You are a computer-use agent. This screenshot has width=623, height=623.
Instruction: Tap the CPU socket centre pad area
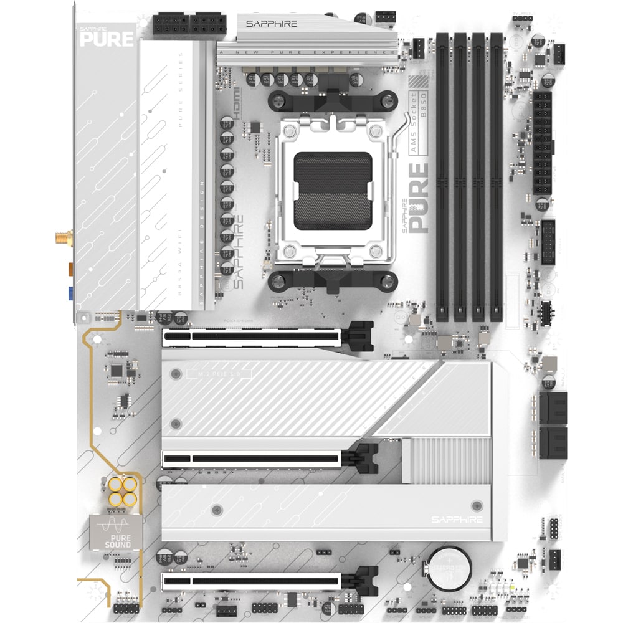[x=333, y=190]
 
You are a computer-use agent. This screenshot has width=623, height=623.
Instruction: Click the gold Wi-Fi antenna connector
[x=62, y=237]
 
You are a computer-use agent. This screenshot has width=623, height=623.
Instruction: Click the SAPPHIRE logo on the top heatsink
[x=271, y=24]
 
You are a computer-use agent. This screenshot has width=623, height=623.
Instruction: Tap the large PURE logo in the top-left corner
[x=107, y=38]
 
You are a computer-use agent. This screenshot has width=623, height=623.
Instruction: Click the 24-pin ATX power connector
[x=543, y=143]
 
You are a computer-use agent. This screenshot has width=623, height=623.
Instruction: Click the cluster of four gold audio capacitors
[x=121, y=492]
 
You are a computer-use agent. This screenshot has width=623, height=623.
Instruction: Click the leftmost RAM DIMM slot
[x=442, y=178]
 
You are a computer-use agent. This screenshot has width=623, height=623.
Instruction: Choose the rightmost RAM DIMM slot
[x=497, y=178]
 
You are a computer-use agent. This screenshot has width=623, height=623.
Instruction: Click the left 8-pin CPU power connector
[x=170, y=25]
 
